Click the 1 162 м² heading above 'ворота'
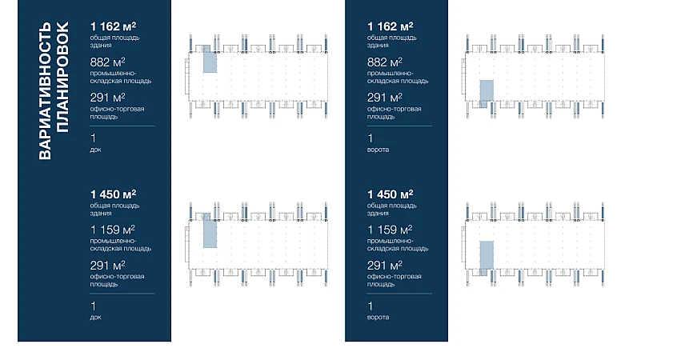click(389, 26)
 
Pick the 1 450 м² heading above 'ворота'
click(390, 194)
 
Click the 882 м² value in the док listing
click(107, 62)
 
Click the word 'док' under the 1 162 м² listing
click(96, 150)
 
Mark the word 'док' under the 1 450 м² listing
click(96, 317)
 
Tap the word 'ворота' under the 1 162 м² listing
click(378, 150)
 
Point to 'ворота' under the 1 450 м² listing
click(378, 317)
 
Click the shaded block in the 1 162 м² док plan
click(210, 59)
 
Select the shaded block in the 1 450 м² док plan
click(210, 230)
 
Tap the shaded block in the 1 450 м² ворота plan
click(487, 258)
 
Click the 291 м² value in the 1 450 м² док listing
click(107, 266)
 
